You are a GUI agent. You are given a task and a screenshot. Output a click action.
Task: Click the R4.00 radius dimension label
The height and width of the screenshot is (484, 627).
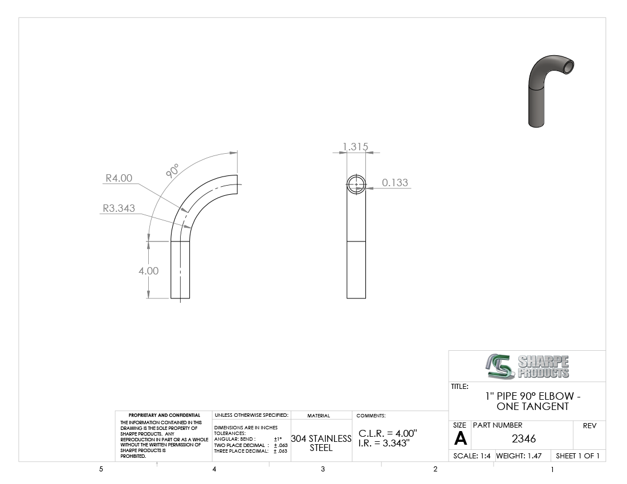click(x=119, y=178)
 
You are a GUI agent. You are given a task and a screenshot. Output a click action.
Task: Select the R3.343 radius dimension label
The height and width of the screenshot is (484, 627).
click(x=119, y=208)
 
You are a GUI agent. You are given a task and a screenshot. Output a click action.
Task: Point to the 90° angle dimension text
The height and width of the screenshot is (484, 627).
click(x=172, y=170)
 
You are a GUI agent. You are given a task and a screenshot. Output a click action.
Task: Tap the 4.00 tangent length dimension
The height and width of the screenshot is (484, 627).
click(x=148, y=270)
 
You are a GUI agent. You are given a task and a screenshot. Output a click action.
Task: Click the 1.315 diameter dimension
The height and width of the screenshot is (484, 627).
click(x=356, y=146)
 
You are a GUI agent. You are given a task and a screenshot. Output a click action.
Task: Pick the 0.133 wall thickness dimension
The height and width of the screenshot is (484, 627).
click(x=394, y=183)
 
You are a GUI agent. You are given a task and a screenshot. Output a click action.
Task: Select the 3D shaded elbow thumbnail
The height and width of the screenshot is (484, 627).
click(x=551, y=91)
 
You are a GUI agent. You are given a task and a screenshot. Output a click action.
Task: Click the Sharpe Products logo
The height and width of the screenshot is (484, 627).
click(x=527, y=366)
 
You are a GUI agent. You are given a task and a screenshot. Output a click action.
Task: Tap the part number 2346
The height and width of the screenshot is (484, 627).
click(x=523, y=438)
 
